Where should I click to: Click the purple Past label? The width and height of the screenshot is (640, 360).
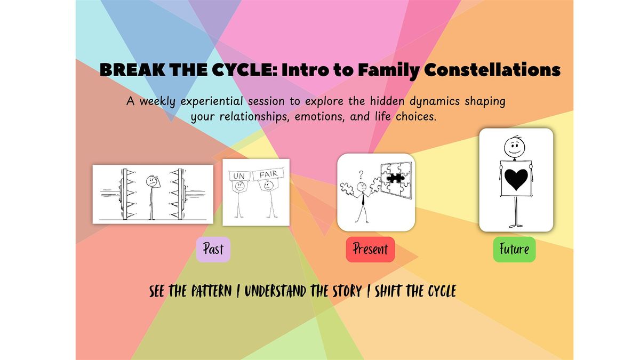[x=213, y=249]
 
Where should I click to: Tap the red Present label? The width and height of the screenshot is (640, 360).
[x=370, y=249]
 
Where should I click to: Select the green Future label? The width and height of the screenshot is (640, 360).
[x=514, y=249]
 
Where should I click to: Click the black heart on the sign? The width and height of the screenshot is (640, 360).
[x=516, y=179]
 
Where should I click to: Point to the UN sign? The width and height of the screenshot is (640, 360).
[x=239, y=175]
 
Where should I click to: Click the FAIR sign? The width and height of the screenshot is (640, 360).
[x=268, y=174]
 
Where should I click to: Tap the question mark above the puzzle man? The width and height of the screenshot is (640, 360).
[x=361, y=174]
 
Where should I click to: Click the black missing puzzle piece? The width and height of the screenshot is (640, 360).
[x=395, y=178]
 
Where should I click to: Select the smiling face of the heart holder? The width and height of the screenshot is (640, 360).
[x=514, y=148]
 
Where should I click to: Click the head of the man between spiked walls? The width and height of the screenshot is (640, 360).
[x=151, y=181]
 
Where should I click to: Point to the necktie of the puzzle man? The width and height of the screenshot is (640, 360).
[x=363, y=199]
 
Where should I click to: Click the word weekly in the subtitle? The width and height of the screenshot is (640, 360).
[x=157, y=102]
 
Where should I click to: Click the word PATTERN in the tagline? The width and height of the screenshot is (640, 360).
[x=211, y=291]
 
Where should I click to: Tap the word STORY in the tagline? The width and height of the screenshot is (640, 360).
[x=347, y=291]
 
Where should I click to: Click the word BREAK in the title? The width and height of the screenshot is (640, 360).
[x=132, y=70]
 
